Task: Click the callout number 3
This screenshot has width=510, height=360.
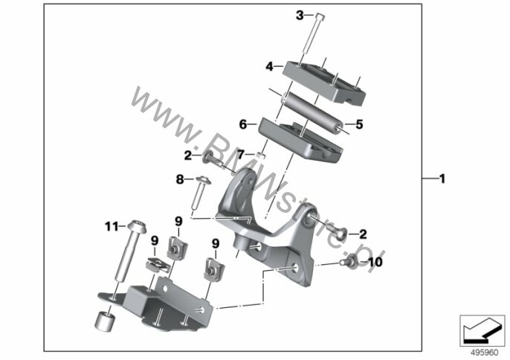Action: coord(300,15)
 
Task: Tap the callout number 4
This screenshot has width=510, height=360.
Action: coord(270,66)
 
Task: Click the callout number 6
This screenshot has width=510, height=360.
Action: coord(243,124)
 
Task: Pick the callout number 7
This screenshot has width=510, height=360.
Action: coord(240,155)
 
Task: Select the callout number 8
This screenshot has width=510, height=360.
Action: coord(180,179)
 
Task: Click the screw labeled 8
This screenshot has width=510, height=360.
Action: coord(199,193)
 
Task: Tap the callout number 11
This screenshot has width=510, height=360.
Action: coord(112,226)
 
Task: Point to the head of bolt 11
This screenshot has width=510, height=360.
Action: coord(138,226)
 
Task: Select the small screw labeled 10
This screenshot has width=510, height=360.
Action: coord(348,261)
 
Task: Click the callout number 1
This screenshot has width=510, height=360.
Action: coord(442,179)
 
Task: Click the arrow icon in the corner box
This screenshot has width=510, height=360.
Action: coord(482,331)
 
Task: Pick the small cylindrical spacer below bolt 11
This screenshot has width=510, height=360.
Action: coord(105,321)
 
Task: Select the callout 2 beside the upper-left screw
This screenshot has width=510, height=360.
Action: coord(187,155)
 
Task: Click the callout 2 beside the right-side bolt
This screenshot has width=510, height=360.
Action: coord(363,234)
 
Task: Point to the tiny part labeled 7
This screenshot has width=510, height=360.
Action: coord(261,155)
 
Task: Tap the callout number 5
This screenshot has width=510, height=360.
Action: coord(359,124)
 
